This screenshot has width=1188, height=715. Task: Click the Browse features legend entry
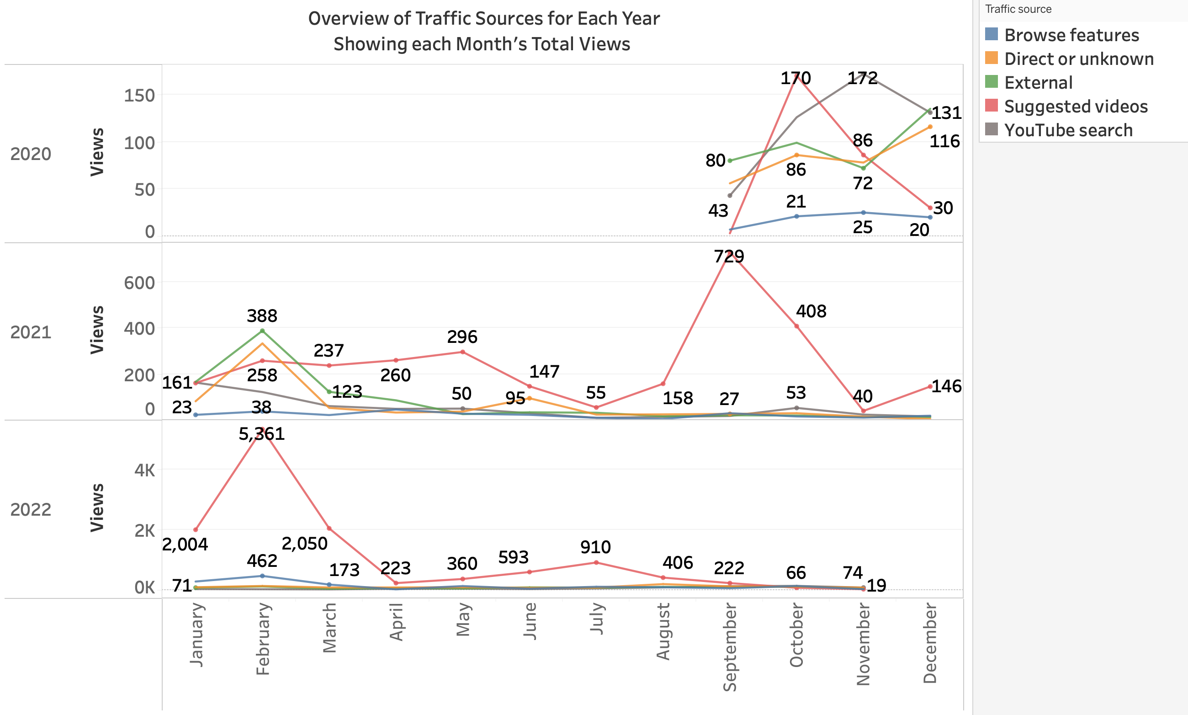(1071, 35)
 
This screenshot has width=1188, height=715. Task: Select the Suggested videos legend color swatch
(991, 106)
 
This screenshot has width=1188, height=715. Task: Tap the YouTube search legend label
(1068, 130)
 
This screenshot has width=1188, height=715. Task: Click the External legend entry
(1038, 82)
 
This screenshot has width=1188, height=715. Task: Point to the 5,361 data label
(261, 434)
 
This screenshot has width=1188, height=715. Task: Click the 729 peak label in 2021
(729, 256)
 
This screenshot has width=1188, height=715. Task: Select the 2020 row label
(30, 154)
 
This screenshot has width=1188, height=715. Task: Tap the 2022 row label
(30, 509)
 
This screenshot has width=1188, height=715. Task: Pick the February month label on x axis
(262, 638)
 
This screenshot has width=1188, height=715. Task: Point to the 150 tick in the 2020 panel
(139, 96)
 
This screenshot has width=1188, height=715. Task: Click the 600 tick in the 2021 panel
(139, 283)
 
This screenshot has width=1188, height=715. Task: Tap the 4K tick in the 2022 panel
(144, 470)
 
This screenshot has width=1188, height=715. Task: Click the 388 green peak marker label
(262, 315)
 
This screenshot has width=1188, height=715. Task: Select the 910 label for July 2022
(595, 547)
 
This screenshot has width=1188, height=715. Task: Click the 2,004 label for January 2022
(185, 544)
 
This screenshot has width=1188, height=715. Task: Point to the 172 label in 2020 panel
(862, 78)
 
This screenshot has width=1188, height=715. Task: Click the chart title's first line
(483, 18)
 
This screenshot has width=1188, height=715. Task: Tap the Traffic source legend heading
(1018, 9)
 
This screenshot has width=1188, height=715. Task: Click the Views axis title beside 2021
(97, 330)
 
